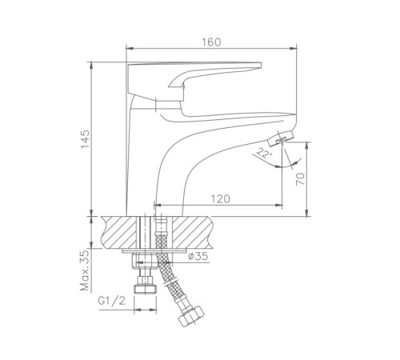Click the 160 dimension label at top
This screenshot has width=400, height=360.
coord(211,42)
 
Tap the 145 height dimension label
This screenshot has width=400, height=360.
coord(86,139)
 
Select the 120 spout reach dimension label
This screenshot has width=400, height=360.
coord(220,199)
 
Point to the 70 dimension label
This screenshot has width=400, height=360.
coord(300,178)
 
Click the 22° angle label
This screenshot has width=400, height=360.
coord(264,154)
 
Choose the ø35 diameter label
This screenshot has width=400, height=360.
coord(198,256)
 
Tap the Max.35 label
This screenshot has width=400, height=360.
coord(86,270)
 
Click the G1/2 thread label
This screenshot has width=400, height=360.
coord(111,301)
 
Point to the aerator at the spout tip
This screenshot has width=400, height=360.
coord(281,138)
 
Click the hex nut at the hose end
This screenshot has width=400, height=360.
coord(191,316)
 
